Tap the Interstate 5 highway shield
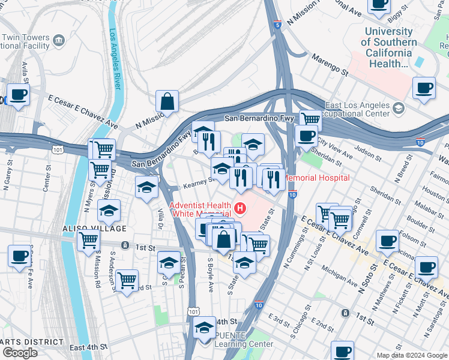click(277, 25)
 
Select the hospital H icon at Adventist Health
click(241, 209)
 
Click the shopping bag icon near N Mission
click(167, 101)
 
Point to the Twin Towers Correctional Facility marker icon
click(59, 40)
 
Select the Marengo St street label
click(330, 64)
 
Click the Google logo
click(20, 352)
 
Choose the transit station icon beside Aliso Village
click(124, 245)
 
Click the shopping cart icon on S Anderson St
click(127, 280)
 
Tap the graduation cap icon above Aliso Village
click(109, 211)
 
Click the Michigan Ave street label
click(339, 275)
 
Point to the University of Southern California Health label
click(389, 47)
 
